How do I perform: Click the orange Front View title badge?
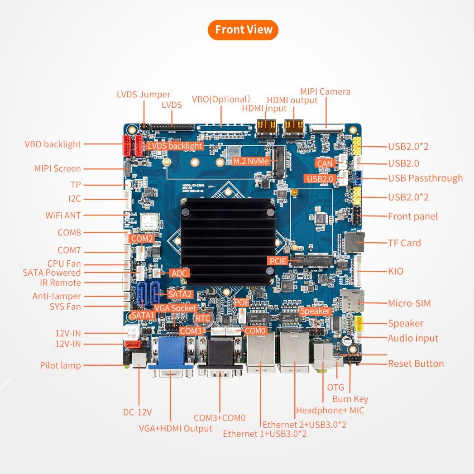click(x=243, y=30)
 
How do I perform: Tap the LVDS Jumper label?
click(x=143, y=95)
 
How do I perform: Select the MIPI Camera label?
click(x=325, y=92)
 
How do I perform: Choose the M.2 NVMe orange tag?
click(x=251, y=161)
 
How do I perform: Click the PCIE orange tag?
click(x=278, y=261)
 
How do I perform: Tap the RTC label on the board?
click(x=203, y=319)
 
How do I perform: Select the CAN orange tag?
click(x=325, y=163)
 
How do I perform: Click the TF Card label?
click(x=404, y=243)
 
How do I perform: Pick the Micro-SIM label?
click(x=409, y=303)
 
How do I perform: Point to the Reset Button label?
click(x=416, y=364)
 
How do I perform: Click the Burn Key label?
click(x=350, y=399)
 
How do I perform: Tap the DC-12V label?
click(x=137, y=412)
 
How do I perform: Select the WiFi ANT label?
click(x=63, y=215)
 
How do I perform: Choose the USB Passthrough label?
click(x=425, y=178)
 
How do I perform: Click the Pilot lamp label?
click(x=60, y=365)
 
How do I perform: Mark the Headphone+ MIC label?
click(x=330, y=411)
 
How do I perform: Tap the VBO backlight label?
click(x=53, y=144)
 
